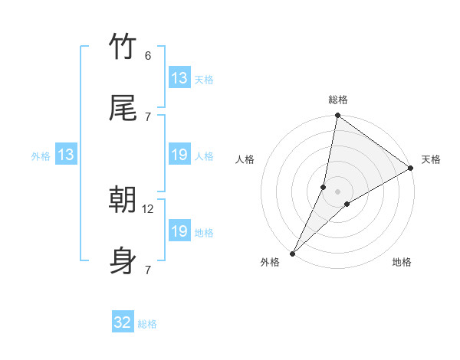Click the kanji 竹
coord(123,47)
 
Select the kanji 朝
coord(123,201)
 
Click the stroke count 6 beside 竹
coord(148,56)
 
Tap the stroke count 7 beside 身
coord(147,270)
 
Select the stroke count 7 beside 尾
coord(147,116)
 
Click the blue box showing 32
coord(123,322)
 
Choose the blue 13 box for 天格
coord(179,78)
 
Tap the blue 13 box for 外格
coord(66,155)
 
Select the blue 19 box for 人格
coord(179,155)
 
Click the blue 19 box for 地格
coord(179,231)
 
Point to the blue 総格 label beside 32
coord(147,324)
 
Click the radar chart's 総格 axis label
coord(338,100)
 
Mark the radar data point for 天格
coord(411,169)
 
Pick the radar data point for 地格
coord(347,204)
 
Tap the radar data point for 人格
coord(324,187)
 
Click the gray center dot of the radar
coord(338,191)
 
